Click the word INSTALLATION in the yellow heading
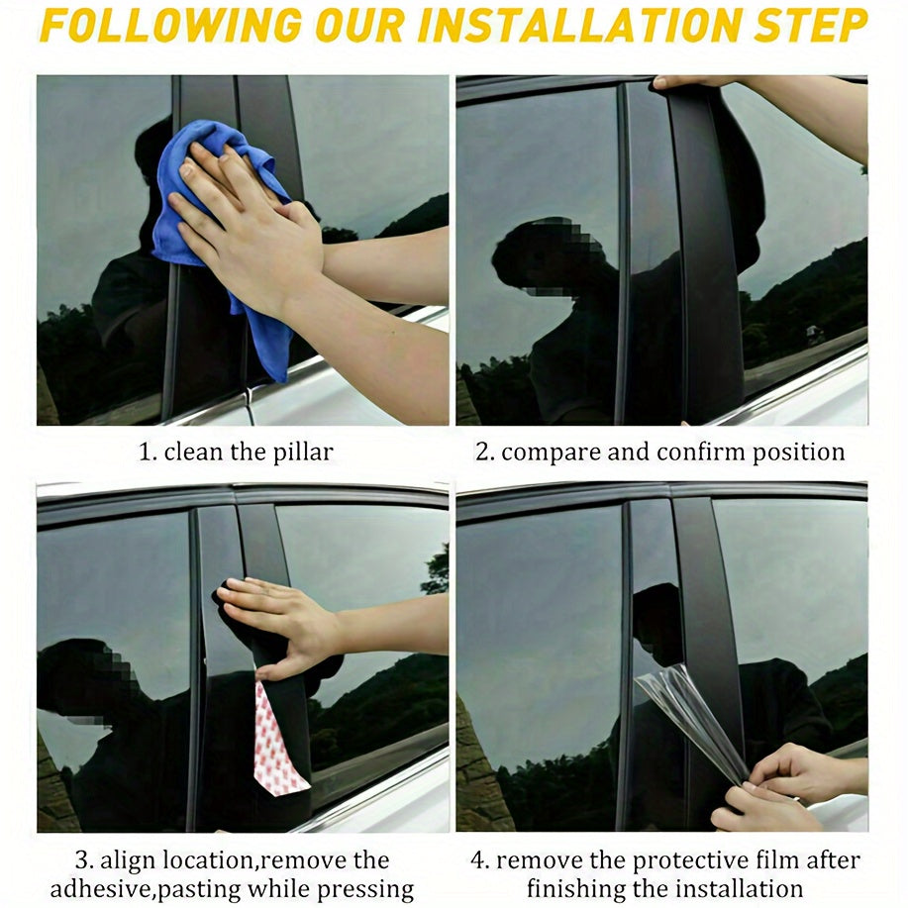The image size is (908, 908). click(579, 26)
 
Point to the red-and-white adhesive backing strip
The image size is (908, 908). click(277, 737)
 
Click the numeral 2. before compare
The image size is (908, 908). click(484, 453)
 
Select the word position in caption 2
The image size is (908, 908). click(798, 453)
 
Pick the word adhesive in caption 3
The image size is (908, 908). click(100, 888)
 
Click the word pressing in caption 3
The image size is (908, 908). click(365, 889)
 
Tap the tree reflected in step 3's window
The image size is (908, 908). click(437, 571)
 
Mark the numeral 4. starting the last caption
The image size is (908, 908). click(480, 860)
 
